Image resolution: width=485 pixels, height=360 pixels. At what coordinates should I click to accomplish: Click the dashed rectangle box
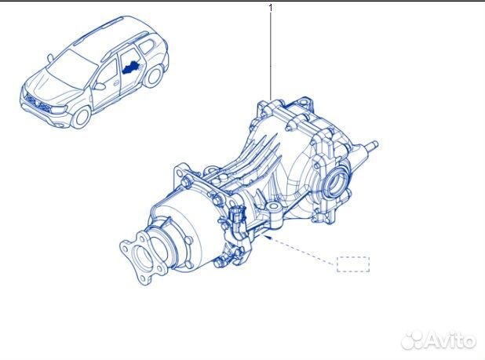click(353, 264)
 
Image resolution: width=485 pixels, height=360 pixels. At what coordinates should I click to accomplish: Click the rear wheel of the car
click(155, 76)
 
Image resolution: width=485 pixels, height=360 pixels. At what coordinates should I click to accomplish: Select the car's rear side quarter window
click(148, 52)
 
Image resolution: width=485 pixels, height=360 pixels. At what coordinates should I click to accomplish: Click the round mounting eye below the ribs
click(275, 207)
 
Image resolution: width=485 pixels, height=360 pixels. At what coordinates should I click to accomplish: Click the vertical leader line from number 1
click(271, 55)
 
